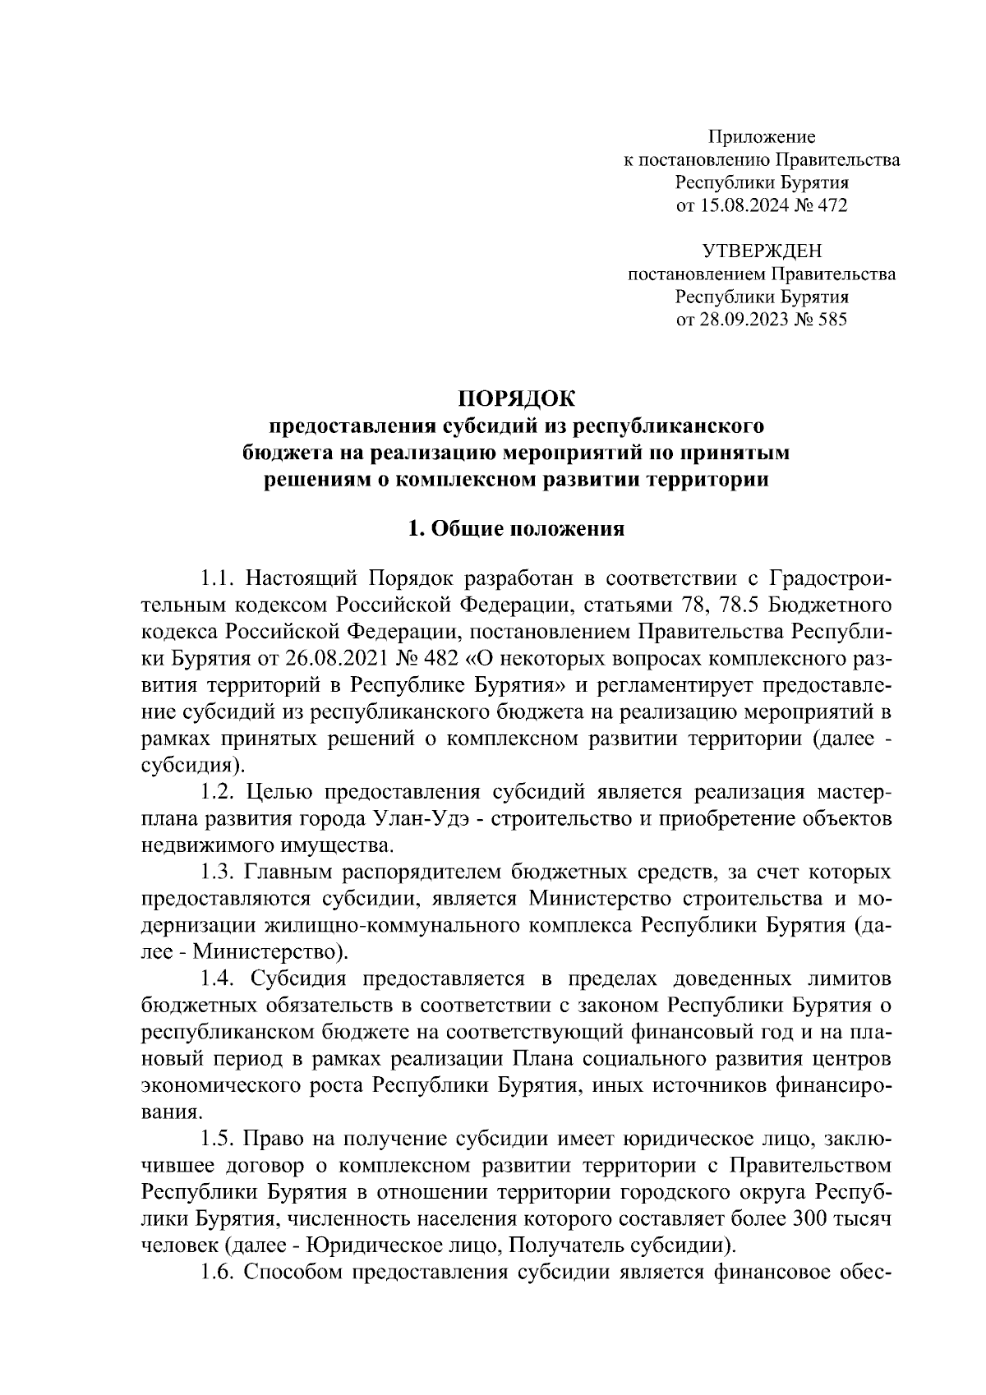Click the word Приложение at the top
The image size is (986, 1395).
(762, 136)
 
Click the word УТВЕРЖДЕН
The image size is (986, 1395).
(762, 251)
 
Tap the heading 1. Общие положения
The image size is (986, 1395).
(517, 529)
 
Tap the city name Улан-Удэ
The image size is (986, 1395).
(417, 819)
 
